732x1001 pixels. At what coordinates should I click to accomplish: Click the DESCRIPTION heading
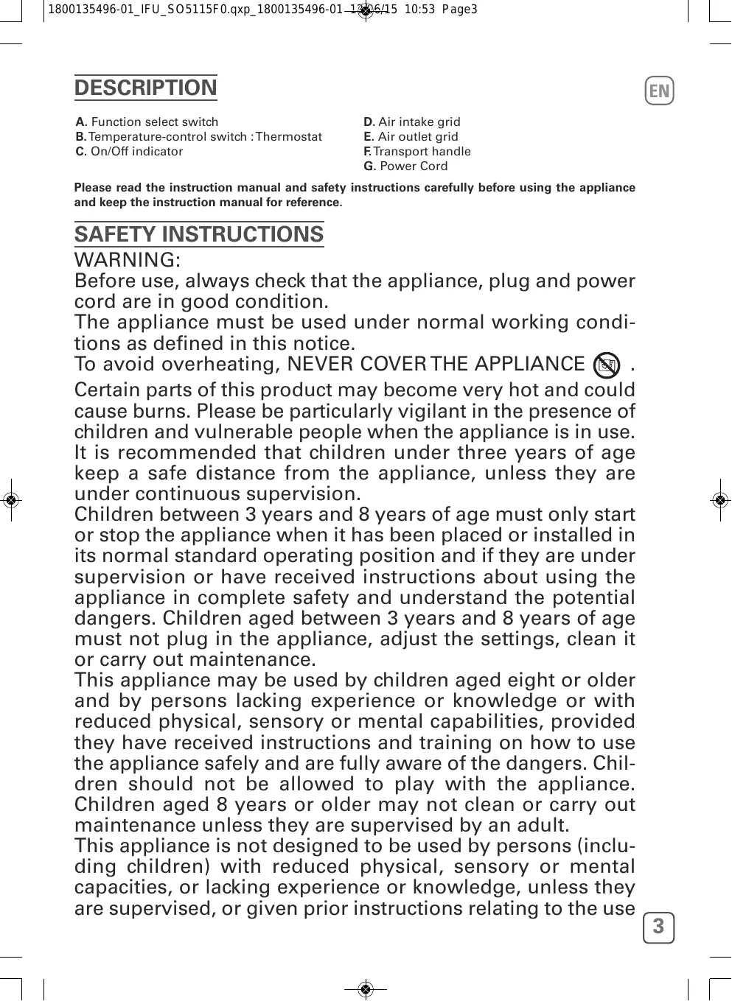(146, 88)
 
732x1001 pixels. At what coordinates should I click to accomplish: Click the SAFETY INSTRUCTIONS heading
(199, 234)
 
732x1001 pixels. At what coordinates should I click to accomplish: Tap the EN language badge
(660, 91)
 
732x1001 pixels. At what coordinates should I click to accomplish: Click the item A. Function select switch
(147, 122)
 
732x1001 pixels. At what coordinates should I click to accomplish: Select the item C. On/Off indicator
(130, 152)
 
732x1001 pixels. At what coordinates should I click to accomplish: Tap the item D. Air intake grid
(412, 122)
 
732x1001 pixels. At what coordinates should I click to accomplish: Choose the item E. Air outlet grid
(411, 137)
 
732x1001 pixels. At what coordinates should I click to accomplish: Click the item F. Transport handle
(417, 152)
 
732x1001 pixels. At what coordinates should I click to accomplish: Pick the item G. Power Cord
(405, 166)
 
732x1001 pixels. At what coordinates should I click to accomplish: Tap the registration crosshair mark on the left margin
(10, 500)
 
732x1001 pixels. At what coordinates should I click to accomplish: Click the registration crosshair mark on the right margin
(722, 500)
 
